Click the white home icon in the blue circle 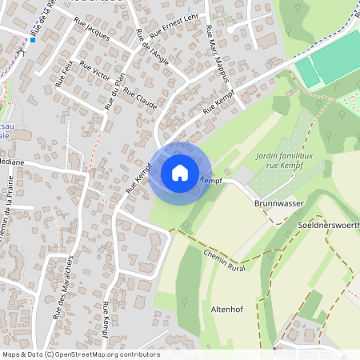(x=180, y=173)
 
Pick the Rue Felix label (x=64, y=74)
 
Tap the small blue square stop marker (x=33, y=38)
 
